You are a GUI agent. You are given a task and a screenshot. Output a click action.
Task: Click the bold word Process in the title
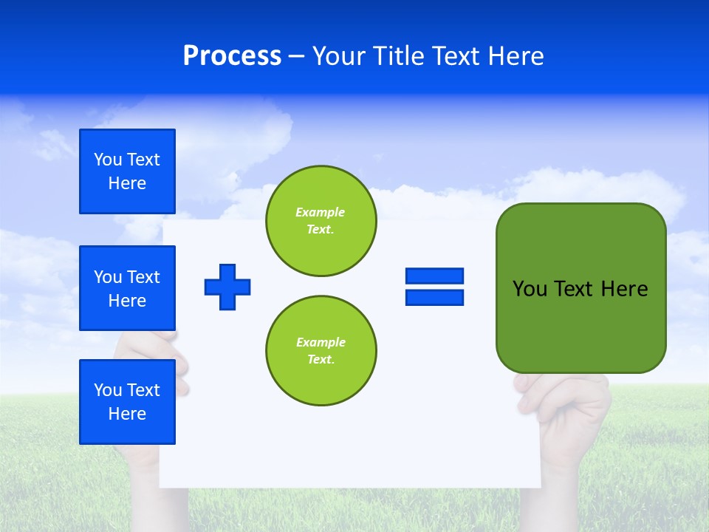click(x=232, y=56)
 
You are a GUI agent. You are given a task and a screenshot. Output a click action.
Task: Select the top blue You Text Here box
click(x=127, y=171)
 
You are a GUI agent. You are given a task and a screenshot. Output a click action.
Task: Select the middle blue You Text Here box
click(x=127, y=288)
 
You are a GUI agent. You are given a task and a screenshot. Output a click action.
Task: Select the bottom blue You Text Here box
click(x=127, y=402)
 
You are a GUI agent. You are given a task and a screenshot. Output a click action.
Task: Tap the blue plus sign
click(x=227, y=287)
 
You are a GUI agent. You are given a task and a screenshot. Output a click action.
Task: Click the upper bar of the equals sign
click(x=434, y=276)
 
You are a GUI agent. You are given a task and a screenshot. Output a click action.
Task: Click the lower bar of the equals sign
click(x=434, y=298)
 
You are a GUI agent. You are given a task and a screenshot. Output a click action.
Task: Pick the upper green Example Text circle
click(x=321, y=221)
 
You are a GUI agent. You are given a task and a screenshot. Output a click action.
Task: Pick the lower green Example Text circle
click(x=321, y=351)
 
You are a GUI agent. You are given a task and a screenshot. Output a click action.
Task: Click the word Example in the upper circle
click(x=321, y=212)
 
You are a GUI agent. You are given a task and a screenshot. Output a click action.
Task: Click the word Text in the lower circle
click(x=321, y=360)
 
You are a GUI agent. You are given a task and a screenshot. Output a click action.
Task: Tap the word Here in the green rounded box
click(x=624, y=289)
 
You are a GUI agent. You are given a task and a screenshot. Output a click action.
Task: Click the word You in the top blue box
click(x=108, y=160)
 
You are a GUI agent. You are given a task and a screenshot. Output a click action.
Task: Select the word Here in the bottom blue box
click(x=127, y=414)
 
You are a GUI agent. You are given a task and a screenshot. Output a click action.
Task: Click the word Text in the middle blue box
click(x=143, y=277)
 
